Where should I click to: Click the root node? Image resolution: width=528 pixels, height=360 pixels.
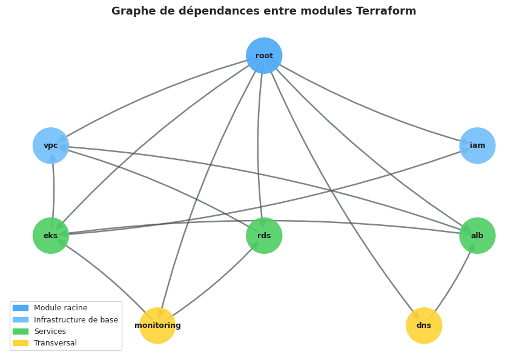[x=264, y=56]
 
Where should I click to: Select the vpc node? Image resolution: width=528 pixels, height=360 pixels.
[x=51, y=145]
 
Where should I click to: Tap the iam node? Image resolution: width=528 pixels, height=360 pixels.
[x=477, y=145]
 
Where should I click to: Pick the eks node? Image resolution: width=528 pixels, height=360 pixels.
[x=51, y=236]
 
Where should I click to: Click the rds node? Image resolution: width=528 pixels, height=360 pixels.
[x=264, y=236]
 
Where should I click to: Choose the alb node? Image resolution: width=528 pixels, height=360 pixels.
[x=477, y=236]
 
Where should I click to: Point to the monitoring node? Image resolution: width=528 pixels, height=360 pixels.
[x=157, y=325]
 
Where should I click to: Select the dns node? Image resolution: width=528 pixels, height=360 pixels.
[x=424, y=325]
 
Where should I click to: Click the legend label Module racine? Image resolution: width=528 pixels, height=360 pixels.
[x=61, y=308]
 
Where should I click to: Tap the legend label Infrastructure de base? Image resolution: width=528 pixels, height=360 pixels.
[x=76, y=320]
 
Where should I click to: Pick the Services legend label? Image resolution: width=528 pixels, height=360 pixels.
[x=50, y=332]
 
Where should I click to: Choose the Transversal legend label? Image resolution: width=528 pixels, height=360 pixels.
[x=55, y=343]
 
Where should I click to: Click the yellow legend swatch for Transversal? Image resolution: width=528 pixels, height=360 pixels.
[x=20, y=343]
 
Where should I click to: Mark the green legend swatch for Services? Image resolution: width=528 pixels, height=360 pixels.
[x=20, y=332]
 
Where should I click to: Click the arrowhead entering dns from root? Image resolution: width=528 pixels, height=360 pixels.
[x=415, y=315]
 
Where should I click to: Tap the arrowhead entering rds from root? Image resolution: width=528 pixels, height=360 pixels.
[x=262, y=223]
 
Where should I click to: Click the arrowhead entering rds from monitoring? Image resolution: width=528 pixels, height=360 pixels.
[x=256, y=245]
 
